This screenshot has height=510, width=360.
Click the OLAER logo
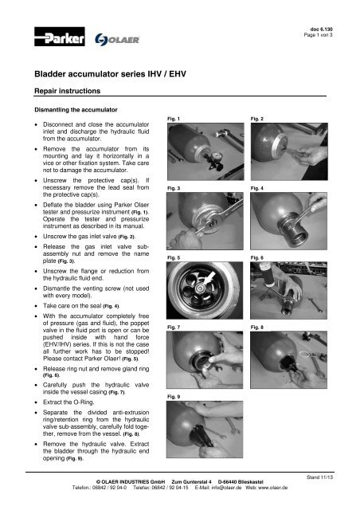click(x=119, y=40)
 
